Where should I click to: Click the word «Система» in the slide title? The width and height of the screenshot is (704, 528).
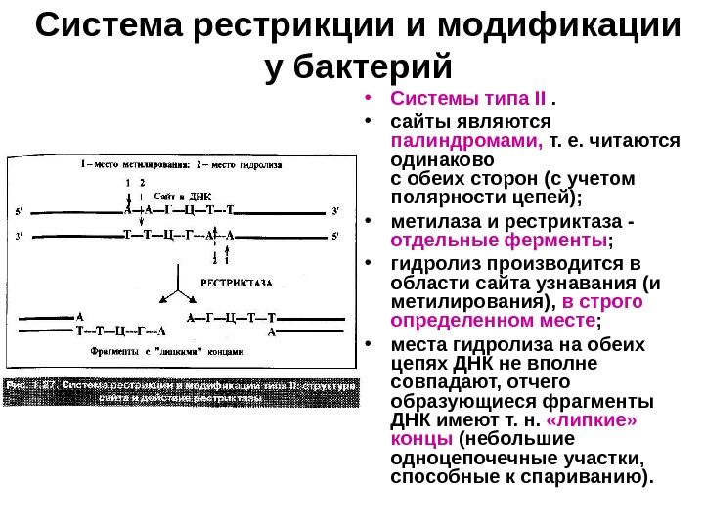coord(110,29)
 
